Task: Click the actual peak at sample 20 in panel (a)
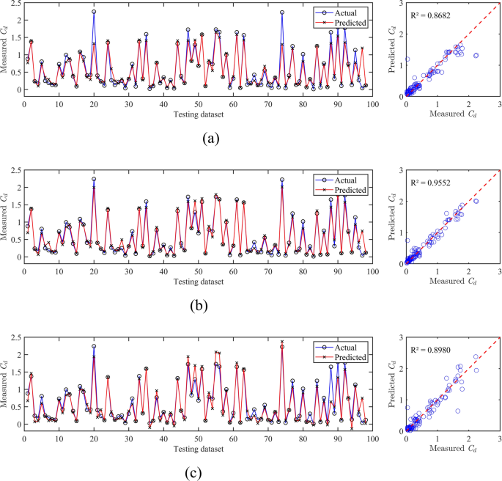point(94,12)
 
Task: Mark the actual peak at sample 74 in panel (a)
point(282,12)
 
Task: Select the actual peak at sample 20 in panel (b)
point(94,179)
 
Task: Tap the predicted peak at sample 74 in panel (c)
point(282,342)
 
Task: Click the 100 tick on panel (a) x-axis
point(372,103)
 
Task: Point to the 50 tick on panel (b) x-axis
point(199,271)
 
